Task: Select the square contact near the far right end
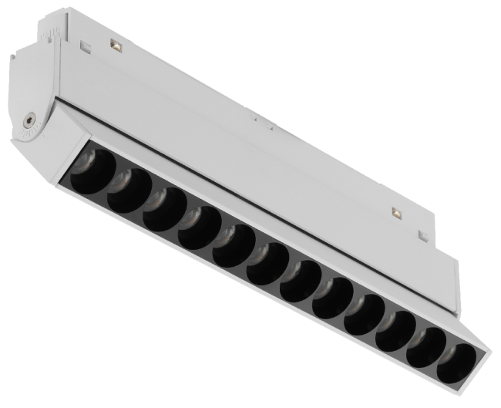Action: tap(397, 213)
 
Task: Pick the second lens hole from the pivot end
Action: tap(126, 186)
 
